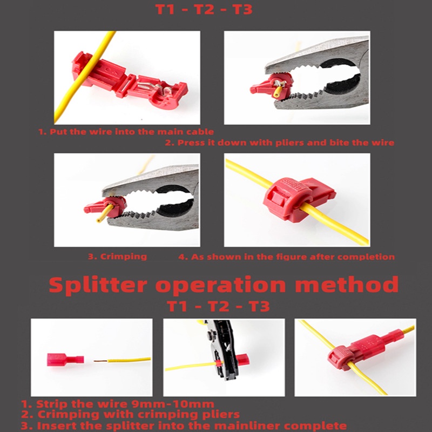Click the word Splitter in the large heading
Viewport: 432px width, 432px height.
tap(98, 286)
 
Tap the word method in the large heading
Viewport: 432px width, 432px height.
tap(347, 285)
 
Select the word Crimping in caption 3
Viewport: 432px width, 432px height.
tap(124, 257)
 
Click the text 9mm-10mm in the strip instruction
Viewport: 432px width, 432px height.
tap(173, 404)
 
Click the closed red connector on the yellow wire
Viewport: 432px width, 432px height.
tap(299, 198)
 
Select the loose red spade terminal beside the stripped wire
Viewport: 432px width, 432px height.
tap(65, 360)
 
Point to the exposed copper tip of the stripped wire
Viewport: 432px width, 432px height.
tap(101, 361)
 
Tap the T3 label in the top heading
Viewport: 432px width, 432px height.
tap(242, 10)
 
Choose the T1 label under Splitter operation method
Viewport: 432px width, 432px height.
tap(177, 306)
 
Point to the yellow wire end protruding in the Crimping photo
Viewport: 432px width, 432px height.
tap(104, 213)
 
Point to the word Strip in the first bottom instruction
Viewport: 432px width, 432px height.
tap(51, 404)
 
